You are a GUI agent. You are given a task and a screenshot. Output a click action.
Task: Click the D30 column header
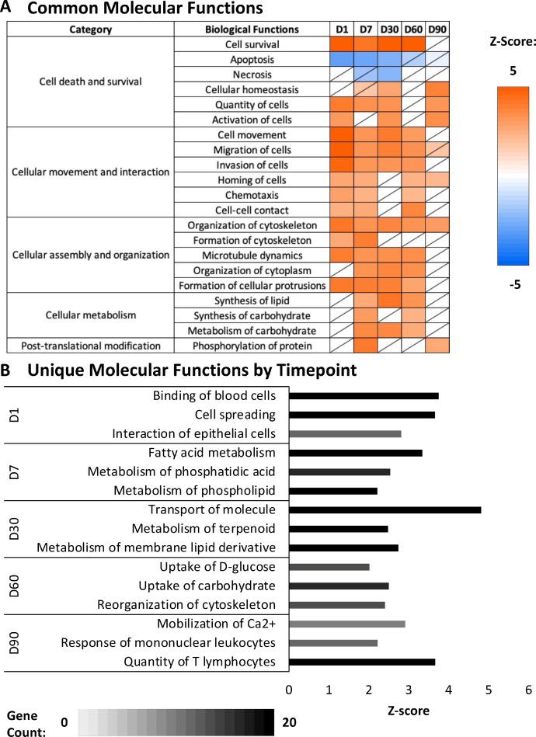391,30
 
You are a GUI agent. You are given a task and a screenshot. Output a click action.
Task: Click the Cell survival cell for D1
341,44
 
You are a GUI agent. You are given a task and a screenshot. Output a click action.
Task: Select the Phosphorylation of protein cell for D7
366,345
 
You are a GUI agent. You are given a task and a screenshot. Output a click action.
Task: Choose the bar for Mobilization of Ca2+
346,624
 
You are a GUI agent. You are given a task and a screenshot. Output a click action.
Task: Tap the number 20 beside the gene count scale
290,721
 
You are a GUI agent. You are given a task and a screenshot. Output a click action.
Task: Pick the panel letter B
6,372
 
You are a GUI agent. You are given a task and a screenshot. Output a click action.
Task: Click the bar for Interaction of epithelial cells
345,433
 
